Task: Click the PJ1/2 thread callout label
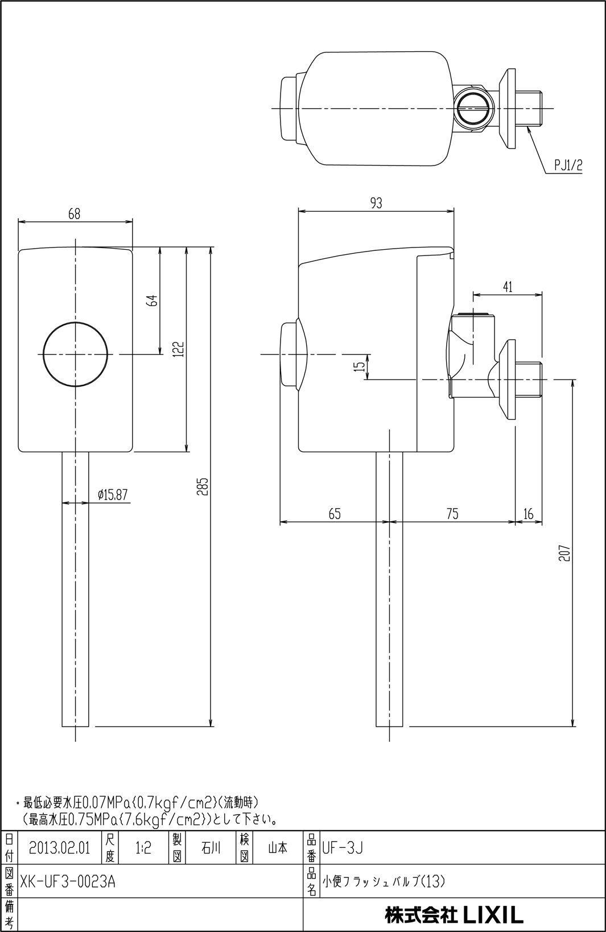point(568,166)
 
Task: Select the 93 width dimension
point(376,204)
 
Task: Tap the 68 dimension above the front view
point(75,215)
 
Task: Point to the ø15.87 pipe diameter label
point(113,494)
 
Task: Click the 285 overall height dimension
point(204,486)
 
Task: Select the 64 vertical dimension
point(154,300)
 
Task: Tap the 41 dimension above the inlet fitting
point(508,287)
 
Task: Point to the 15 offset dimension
point(360,366)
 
